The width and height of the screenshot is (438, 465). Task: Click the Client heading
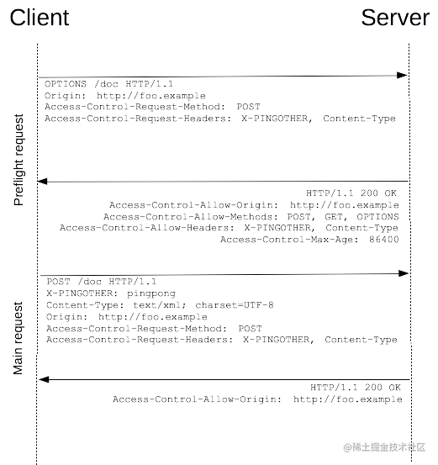[x=40, y=18]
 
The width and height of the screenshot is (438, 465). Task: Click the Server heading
[x=395, y=18]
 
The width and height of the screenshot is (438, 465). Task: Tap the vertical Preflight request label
[x=18, y=160]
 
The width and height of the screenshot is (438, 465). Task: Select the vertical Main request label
[x=18, y=338]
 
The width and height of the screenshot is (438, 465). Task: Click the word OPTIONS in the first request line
[x=66, y=84]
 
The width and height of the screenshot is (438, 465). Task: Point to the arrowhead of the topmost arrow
[x=403, y=76]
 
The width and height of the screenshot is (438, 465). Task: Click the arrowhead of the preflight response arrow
[x=43, y=181]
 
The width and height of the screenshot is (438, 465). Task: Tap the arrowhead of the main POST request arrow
[x=404, y=273]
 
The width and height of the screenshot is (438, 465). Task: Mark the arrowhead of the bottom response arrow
[x=44, y=379]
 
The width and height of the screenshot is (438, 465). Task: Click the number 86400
[x=384, y=240]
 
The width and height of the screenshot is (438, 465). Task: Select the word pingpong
[x=151, y=293]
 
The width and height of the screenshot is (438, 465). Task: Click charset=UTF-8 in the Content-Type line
[x=235, y=305]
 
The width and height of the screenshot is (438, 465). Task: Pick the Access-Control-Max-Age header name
[x=289, y=240]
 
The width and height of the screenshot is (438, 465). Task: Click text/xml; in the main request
[x=160, y=305]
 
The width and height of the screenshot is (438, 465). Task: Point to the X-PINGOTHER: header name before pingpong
[x=82, y=293]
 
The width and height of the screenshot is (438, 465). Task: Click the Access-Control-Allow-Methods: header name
[x=191, y=217]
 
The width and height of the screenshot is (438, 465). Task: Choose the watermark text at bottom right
[x=384, y=447]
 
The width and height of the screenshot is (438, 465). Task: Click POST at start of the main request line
[x=58, y=282]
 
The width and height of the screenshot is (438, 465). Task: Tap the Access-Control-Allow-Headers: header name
[x=147, y=228]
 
